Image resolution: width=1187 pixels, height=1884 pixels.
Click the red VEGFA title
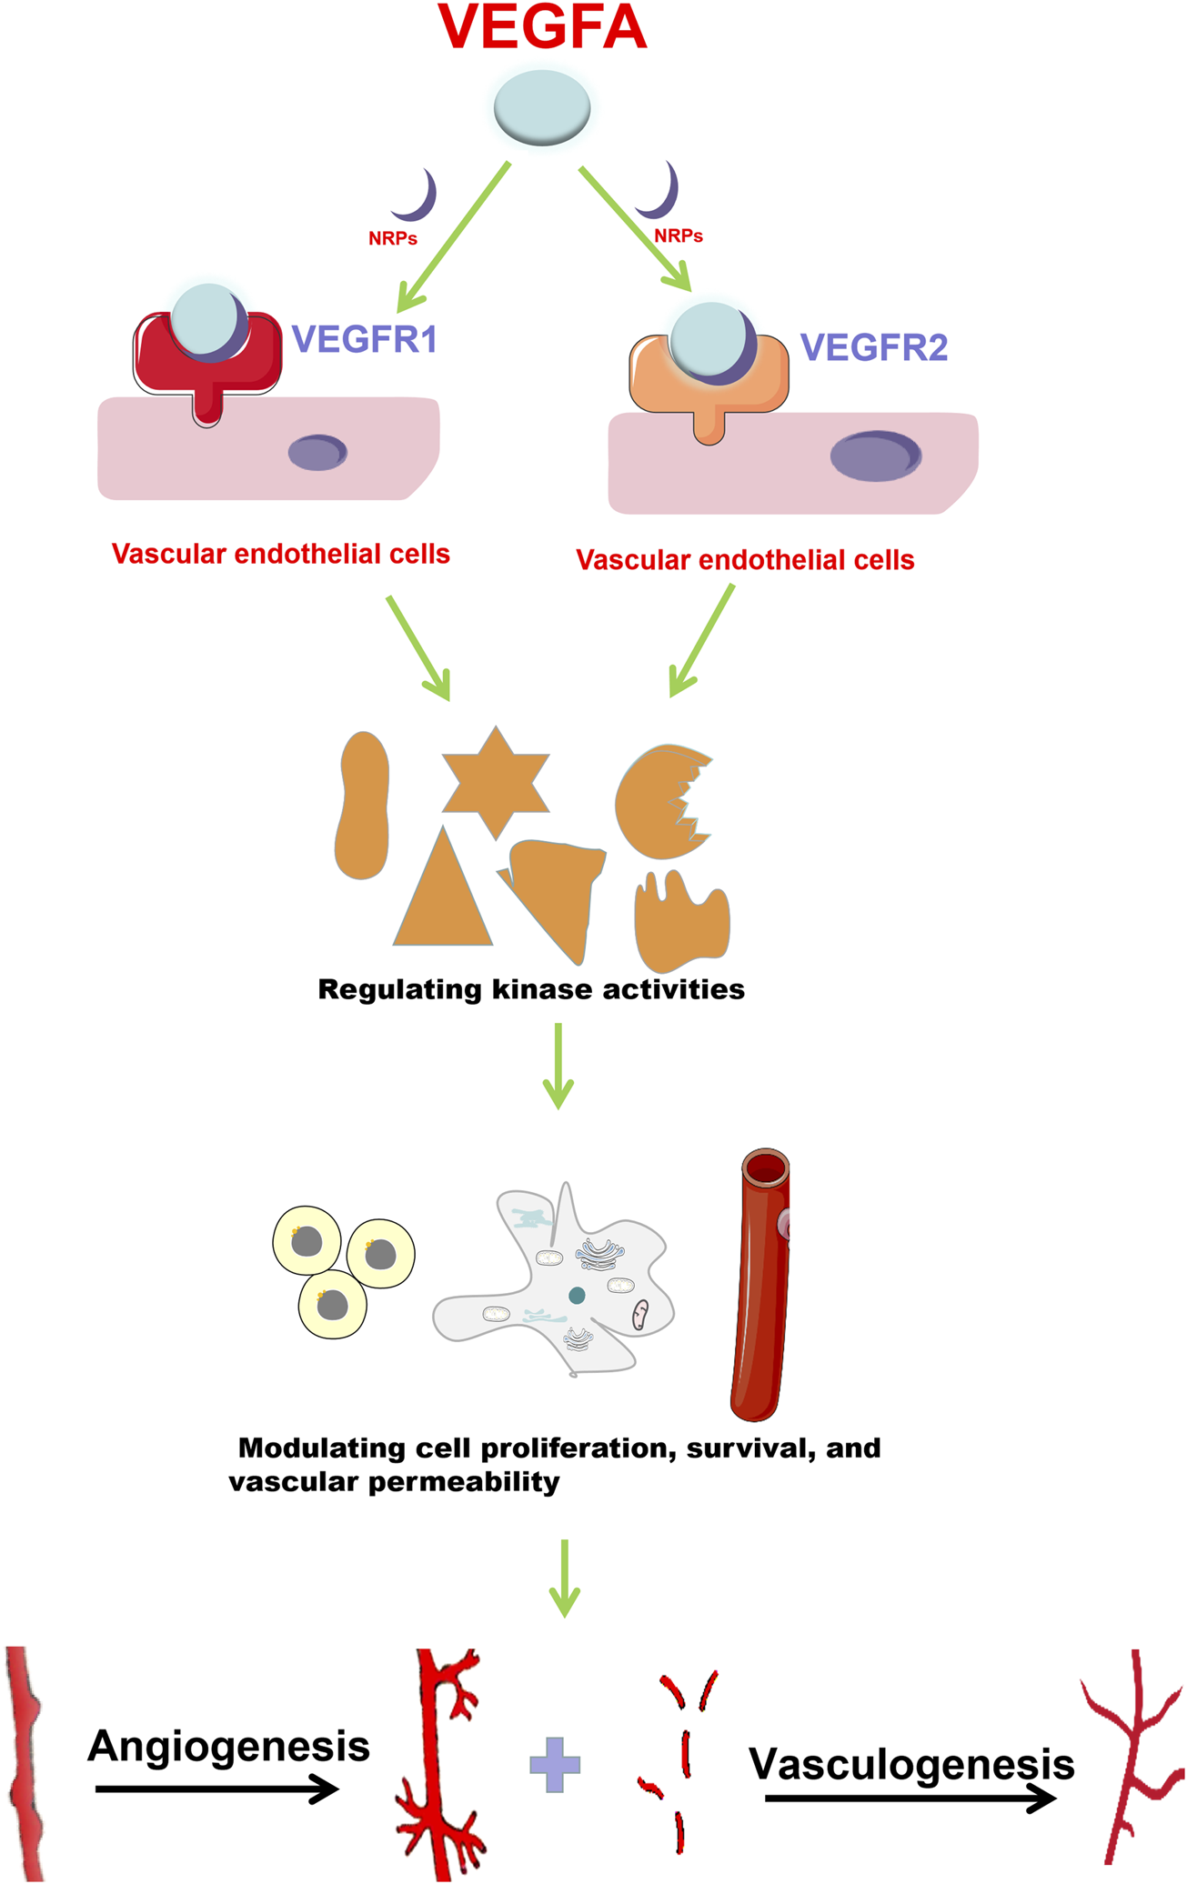pos(542,27)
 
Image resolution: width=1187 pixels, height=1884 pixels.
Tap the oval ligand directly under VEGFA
pos(542,107)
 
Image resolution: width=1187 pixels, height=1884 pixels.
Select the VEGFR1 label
pos(364,339)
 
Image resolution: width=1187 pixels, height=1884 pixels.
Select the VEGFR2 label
pos(873,347)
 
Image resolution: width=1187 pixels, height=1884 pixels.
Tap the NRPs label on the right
pos(679,236)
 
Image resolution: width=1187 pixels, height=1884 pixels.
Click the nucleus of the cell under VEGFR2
pos(875,456)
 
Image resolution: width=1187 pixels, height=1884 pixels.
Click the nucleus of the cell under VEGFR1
pos(317,452)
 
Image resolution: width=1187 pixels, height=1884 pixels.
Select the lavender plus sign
pos(555,1765)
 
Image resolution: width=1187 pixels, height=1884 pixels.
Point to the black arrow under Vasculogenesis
pos(910,1799)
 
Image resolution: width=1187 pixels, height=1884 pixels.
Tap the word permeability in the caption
pos(464,1483)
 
